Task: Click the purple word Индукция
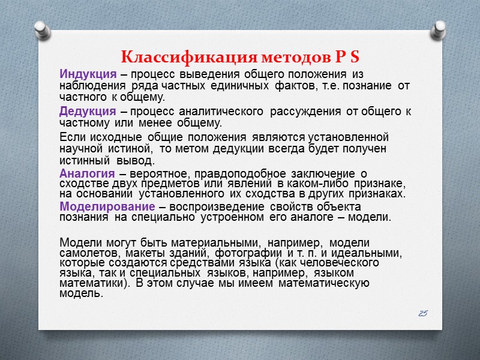(x=88, y=74)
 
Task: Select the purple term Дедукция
(x=88, y=112)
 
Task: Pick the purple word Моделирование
(x=100, y=206)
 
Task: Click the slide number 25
(x=423, y=314)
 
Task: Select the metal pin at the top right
(x=439, y=28)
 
